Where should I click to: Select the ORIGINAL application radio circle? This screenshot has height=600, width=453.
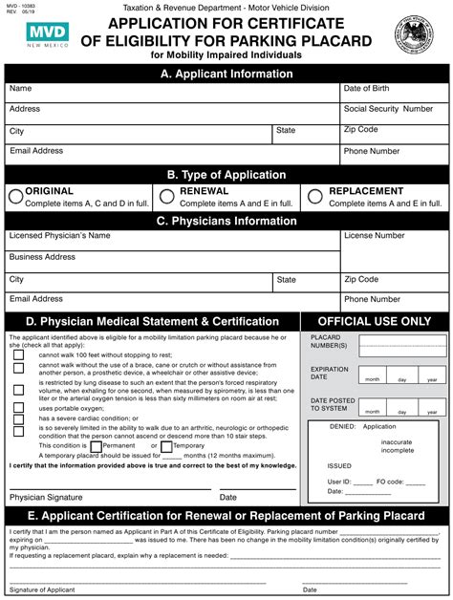coord(15,197)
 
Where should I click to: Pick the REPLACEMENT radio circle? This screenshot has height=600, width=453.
coord(316,197)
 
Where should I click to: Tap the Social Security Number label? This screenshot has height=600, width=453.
coord(388,109)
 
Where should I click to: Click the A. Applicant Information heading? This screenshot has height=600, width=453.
coord(226,73)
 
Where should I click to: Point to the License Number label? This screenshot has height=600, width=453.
coord(374,235)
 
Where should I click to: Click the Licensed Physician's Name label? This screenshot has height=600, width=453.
coord(58,235)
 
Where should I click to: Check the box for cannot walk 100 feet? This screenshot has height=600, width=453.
coord(18,354)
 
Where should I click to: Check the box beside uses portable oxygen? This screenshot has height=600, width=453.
coord(18,407)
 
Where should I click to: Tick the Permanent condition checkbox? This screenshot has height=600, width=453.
coord(96,446)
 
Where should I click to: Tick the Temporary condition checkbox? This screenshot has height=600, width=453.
coord(166,446)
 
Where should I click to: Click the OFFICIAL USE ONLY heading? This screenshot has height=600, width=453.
coord(374,321)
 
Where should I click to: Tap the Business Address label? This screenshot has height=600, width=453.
coord(42,257)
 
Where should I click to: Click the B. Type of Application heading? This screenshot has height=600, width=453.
coord(226,175)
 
